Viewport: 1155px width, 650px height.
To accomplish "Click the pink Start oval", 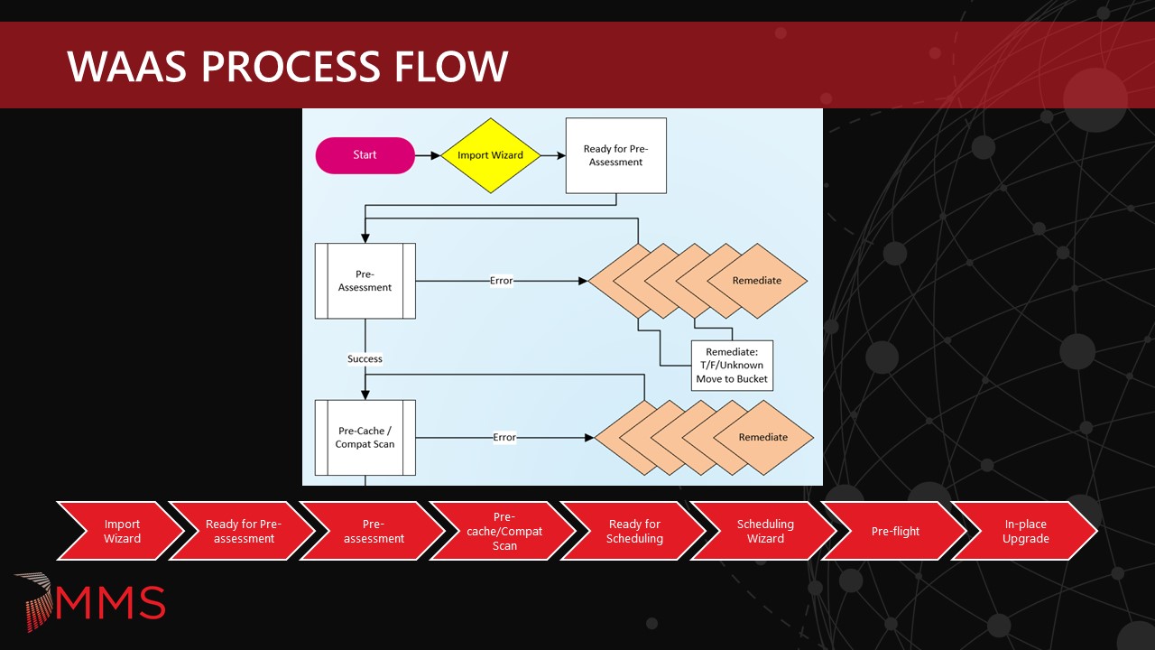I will pos(365,155).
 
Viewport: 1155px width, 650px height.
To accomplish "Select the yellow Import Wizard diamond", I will pos(490,155).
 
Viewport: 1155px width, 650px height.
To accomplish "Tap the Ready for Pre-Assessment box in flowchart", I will pos(616,155).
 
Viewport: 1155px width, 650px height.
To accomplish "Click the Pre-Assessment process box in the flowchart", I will pos(365,281).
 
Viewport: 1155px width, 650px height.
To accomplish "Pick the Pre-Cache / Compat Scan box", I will pos(365,437).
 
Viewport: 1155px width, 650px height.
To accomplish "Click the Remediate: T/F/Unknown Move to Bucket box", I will pos(732,366).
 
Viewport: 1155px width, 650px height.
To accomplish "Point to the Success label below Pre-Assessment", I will pos(365,359).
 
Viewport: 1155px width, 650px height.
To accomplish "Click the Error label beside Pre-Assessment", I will pos(501,281).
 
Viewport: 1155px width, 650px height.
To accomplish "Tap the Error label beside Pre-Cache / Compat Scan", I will pos(504,438).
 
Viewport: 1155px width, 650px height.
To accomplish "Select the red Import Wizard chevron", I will pos(116,532).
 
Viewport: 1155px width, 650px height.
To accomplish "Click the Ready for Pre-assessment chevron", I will pos(243,532).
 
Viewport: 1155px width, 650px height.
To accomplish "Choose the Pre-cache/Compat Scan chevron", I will pos(504,532).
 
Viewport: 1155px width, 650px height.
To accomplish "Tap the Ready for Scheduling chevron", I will pos(634,532).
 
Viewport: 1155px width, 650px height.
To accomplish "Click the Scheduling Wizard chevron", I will pos(765,532).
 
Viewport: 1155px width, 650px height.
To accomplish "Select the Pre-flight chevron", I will pos(895,532).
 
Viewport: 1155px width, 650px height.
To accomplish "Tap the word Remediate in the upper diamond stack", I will pos(757,281).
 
